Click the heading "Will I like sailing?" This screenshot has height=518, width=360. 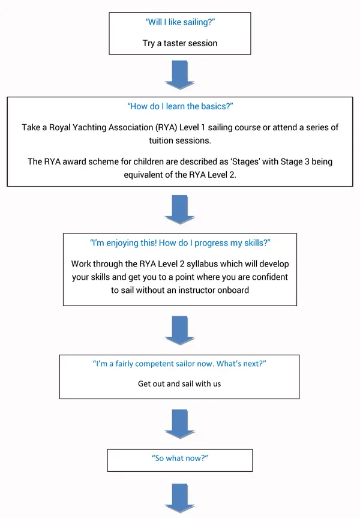tap(180, 22)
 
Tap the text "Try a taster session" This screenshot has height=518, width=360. tap(180, 43)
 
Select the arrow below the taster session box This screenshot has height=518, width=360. tap(180, 75)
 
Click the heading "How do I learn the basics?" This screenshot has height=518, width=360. tap(180, 106)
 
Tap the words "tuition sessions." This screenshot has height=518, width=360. tap(180, 140)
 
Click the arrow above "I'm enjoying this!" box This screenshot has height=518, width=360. tap(180, 209)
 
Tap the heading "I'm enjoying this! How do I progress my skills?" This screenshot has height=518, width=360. tap(180, 243)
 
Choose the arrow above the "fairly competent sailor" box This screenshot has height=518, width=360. tap(180, 330)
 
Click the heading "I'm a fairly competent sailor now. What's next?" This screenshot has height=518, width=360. tap(179, 364)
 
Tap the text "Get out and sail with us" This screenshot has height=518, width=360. tap(179, 384)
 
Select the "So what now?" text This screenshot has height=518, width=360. tap(180, 458)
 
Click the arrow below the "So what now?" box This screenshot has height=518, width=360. tap(180, 499)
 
